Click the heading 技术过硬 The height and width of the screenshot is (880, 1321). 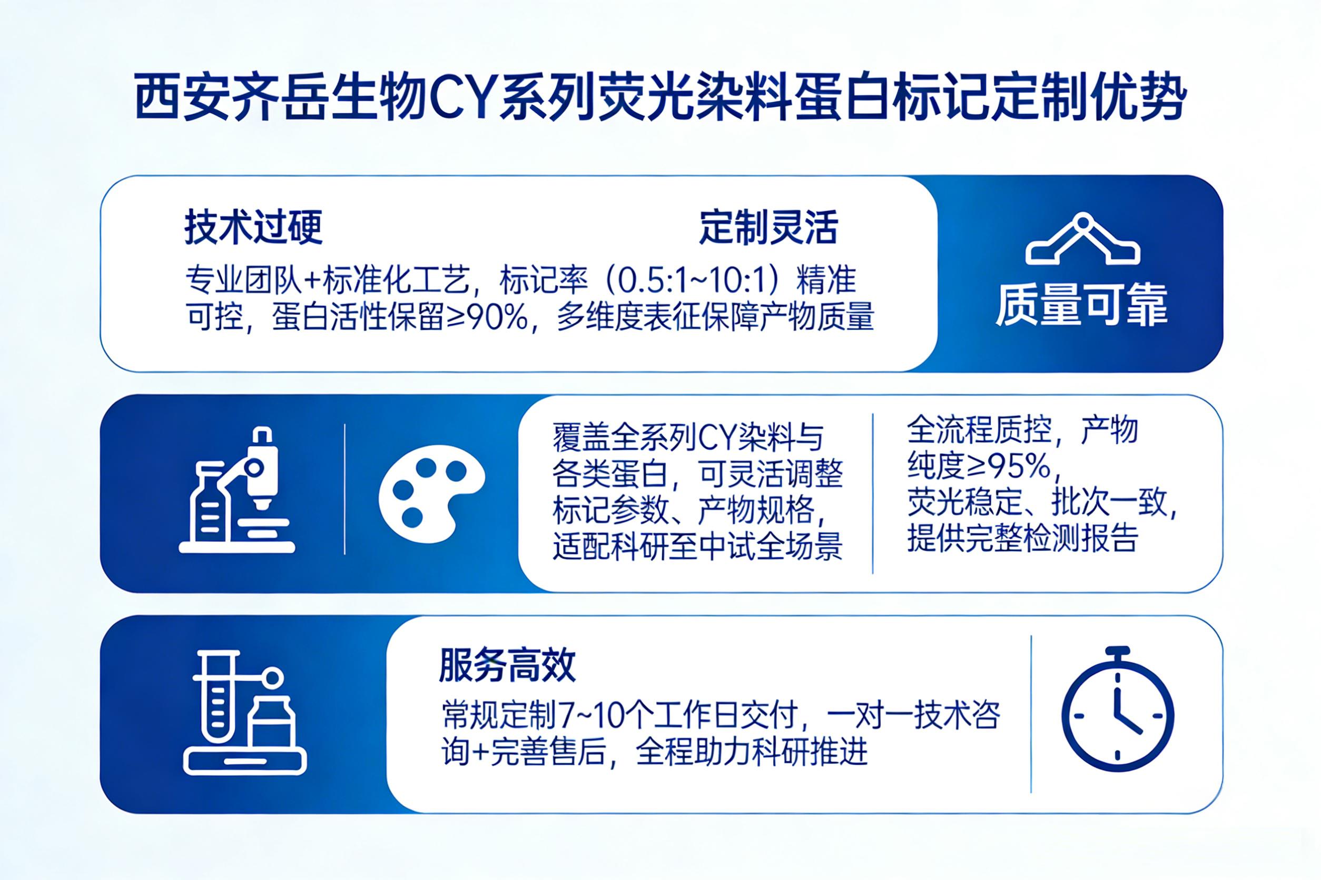click(253, 228)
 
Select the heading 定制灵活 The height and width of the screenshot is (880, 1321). click(768, 228)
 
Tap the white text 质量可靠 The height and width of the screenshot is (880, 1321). click(1082, 305)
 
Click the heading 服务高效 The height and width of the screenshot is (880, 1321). click(507, 666)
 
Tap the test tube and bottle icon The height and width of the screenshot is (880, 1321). click(245, 713)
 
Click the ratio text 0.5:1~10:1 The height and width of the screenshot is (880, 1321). click(689, 280)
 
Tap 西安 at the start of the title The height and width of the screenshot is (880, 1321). click(183, 101)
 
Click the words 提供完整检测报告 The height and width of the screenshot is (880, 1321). click(1023, 539)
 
